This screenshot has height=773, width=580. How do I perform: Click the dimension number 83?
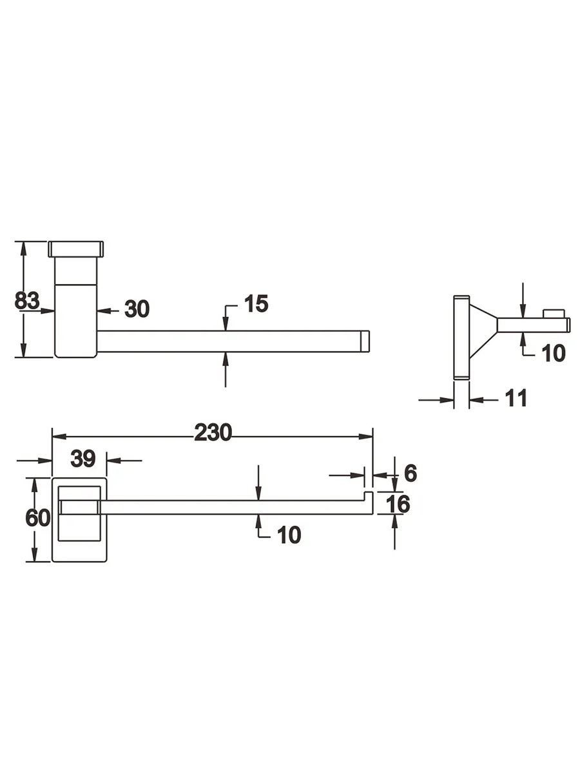[27, 300]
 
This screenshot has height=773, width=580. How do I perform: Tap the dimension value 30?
[137, 309]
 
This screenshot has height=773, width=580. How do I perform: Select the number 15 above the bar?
[256, 303]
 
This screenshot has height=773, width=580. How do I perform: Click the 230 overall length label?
[213, 432]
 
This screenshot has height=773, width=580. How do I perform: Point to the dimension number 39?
[82, 459]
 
